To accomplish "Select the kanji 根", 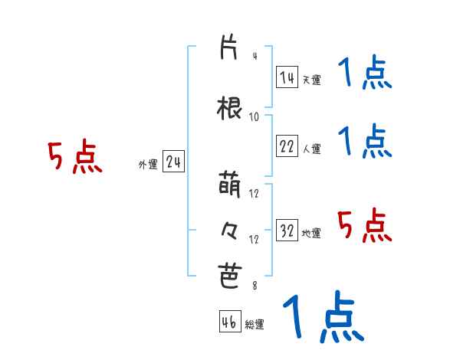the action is tap(229, 108).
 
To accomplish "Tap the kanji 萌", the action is tap(229, 185).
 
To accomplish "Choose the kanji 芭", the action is tap(229, 276).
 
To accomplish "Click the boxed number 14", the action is tap(287, 77).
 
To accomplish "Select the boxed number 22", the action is tap(287, 147).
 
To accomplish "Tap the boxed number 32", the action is tap(287, 231).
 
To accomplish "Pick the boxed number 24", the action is tap(173, 162).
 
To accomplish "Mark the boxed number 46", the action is tap(229, 322).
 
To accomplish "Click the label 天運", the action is tap(311, 79).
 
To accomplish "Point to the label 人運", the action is tap(311, 149).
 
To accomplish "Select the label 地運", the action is tap(311, 233).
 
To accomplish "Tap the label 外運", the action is tap(147, 164).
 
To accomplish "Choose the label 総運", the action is tap(255, 324).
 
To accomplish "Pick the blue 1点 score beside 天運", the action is tap(365, 74).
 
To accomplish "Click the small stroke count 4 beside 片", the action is tap(254, 56).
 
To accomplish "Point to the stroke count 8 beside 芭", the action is tap(254, 286).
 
